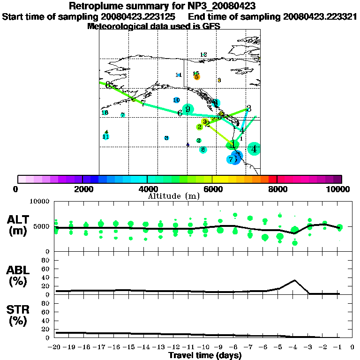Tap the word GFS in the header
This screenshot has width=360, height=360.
[x=210, y=26]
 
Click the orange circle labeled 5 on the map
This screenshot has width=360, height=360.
[x=197, y=77]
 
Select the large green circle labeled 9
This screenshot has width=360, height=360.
[x=187, y=109]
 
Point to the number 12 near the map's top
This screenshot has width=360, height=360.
[x=203, y=55]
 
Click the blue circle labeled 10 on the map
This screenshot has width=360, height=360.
[x=176, y=100]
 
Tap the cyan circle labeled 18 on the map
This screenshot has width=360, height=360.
[x=105, y=112]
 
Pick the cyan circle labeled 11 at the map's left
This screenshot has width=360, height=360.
[x=106, y=136]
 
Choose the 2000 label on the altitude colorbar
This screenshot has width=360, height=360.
[x=82, y=189]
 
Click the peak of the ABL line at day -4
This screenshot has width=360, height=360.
[x=294, y=280]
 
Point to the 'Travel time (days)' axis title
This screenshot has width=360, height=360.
[x=205, y=355]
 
